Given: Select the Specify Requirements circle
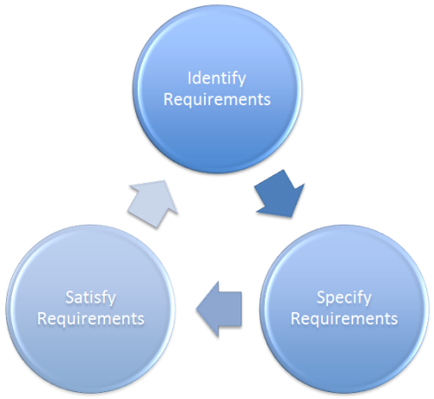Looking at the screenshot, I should click(345, 307).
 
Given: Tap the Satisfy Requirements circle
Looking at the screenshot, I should click(91, 307).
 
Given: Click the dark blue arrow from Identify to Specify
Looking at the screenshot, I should click(279, 199).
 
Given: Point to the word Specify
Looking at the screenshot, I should click(345, 298).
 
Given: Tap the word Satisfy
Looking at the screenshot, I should click(91, 298).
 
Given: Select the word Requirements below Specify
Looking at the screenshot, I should click(345, 318).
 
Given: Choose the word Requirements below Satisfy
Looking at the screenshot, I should click(91, 318).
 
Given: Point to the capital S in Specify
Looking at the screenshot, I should click(320, 298).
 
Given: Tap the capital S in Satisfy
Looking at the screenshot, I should click(69, 298).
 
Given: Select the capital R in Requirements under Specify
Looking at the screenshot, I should click(296, 318).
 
